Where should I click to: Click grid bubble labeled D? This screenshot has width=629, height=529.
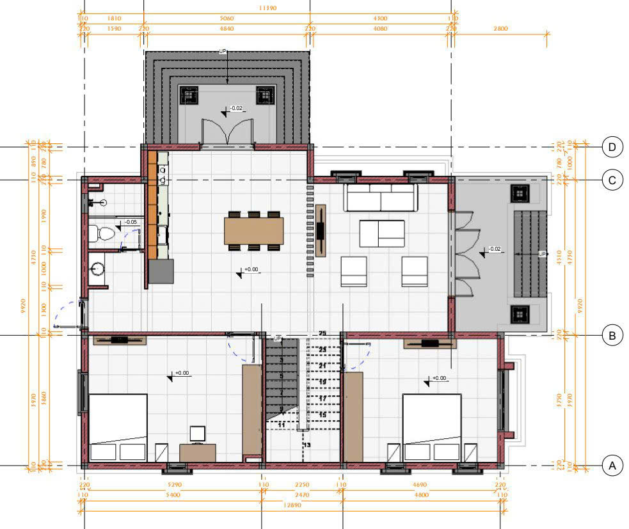point(612,147)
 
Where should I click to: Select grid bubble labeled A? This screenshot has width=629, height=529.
point(612,466)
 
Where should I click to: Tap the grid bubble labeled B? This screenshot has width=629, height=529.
point(612,335)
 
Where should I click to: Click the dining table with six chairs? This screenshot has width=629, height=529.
point(254,231)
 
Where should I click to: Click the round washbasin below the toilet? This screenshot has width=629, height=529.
point(98,269)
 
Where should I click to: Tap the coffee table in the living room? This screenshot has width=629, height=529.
point(382,233)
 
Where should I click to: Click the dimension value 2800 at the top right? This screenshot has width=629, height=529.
point(500,28)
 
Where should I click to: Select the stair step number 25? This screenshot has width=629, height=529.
point(322,333)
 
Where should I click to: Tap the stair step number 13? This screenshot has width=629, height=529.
point(307,445)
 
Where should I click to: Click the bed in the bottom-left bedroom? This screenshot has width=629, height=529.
point(118,427)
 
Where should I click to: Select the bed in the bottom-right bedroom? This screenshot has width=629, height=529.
point(432,427)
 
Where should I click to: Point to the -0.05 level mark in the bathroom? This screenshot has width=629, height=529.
point(131,222)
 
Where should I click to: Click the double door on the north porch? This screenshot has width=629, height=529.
point(227,134)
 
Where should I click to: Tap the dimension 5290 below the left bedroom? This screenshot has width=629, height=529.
point(173,485)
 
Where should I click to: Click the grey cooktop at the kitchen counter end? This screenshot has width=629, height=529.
point(161,271)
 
